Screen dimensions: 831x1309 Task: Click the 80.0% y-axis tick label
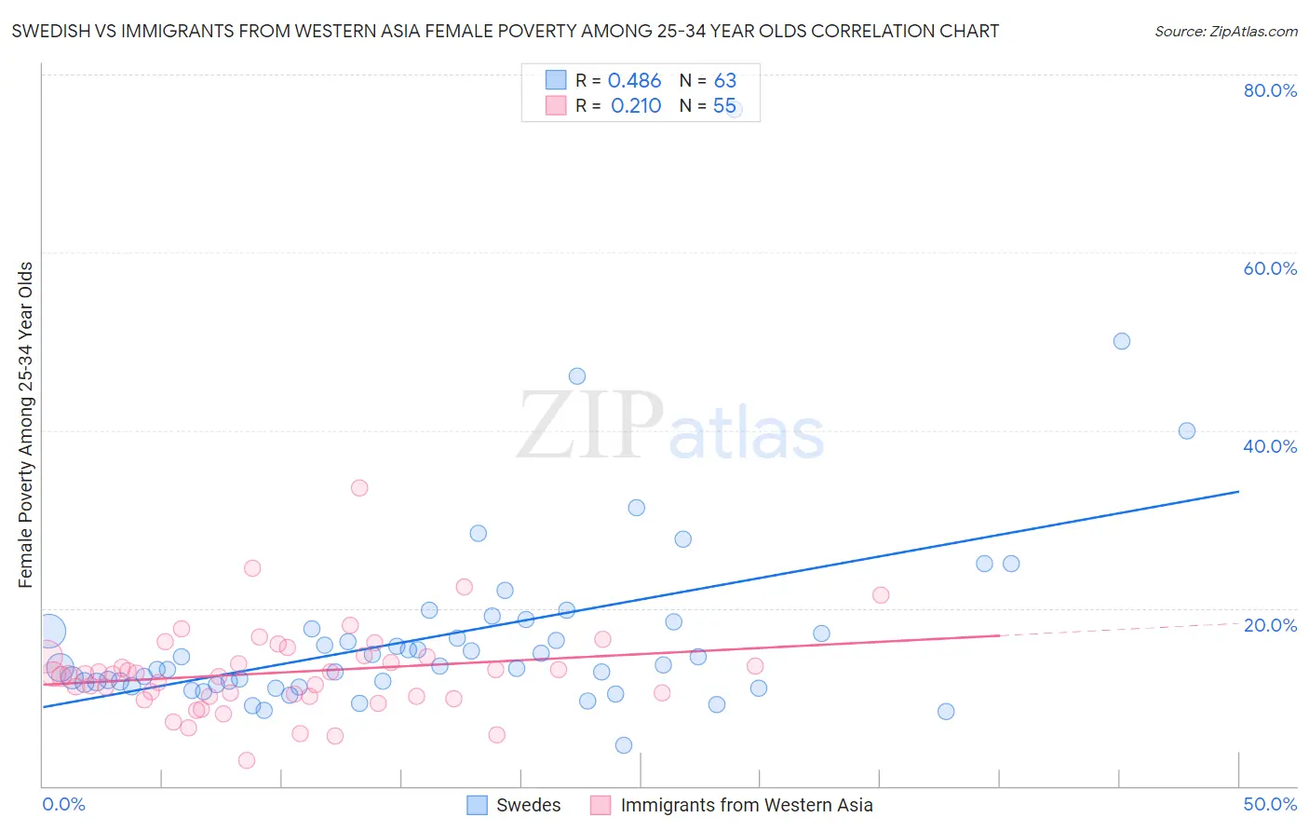(x=1270, y=90)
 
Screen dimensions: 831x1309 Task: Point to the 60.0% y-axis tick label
(x=1270, y=268)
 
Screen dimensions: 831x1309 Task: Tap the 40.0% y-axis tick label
(x=1270, y=446)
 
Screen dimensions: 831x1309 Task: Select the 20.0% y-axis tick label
(x=1270, y=624)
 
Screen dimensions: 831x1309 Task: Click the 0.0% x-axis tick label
(x=63, y=804)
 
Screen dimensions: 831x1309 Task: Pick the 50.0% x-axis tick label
(x=1270, y=804)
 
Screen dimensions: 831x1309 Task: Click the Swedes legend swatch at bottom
(x=478, y=805)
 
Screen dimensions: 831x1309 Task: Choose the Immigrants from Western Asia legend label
(x=747, y=805)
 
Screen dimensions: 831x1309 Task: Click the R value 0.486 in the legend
(x=634, y=80)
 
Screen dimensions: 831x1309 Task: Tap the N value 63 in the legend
(x=725, y=80)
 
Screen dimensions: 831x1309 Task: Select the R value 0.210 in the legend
(x=636, y=105)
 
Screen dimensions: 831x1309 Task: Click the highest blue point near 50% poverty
(x=1122, y=341)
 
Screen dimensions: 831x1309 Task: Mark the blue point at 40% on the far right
(x=1187, y=430)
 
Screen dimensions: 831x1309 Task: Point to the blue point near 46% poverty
(x=577, y=376)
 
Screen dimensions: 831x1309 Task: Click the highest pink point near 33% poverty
(x=359, y=487)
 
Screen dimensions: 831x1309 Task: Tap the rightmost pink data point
(x=881, y=594)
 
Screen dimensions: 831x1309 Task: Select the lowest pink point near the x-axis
(x=247, y=760)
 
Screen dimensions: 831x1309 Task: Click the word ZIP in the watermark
(x=590, y=426)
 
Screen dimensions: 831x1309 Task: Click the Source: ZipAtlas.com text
(x=1225, y=31)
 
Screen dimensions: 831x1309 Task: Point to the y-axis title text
(x=26, y=425)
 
